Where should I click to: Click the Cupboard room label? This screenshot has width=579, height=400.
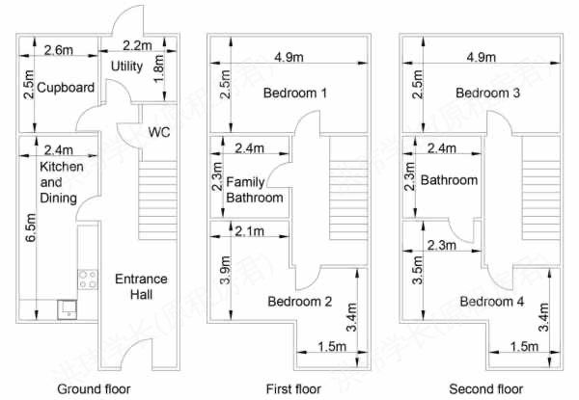pos(66,88)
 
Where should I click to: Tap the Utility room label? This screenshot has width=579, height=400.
pos(126,67)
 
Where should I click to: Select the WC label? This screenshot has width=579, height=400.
pos(159,132)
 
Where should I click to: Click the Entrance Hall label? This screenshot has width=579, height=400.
pos(141,287)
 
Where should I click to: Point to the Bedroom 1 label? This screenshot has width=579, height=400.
pos(295,93)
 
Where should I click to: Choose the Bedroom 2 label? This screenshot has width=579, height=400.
pos(300,302)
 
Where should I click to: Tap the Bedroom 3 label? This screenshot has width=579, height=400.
pos(487,93)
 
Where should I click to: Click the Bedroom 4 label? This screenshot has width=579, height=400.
pos(492,302)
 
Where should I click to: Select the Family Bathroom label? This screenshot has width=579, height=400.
pos(255,190)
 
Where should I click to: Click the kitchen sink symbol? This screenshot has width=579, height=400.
pos(68,309)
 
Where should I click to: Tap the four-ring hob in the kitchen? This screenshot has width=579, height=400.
pos(88,280)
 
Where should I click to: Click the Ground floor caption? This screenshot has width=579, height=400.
pos(94,389)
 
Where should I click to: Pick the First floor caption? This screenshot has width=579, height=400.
pos(293,389)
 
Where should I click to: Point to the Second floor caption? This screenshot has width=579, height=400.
pos(486,389)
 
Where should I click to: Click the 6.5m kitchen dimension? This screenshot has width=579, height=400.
pos(31,227)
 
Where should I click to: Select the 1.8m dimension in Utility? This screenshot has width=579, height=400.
pos(158,69)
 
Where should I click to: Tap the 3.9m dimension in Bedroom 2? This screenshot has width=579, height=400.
pos(225,270)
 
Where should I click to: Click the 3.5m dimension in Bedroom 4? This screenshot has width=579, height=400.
pos(417,270)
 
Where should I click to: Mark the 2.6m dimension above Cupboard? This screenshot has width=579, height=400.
pos(59,50)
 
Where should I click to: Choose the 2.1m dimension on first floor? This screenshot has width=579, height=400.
pos(250,231)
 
